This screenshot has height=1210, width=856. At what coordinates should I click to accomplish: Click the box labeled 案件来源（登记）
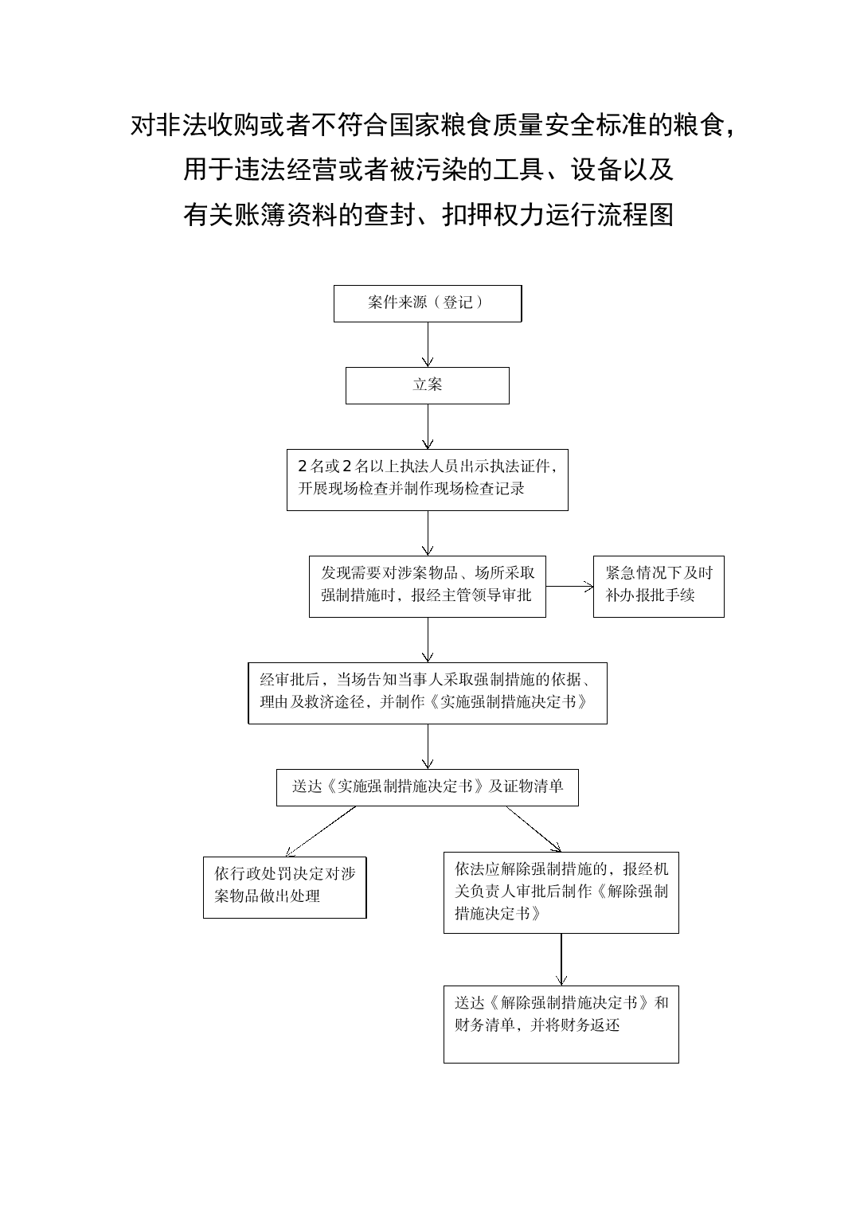pos(428,303)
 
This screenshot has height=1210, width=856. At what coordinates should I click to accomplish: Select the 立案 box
pos(428,385)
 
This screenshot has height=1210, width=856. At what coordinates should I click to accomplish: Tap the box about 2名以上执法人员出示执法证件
pos(428,480)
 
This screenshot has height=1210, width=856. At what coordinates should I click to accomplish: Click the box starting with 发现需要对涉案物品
pos(428,587)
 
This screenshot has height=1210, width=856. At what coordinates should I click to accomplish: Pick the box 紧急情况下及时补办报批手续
pos(659,587)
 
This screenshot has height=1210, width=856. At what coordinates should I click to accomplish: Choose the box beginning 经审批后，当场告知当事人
pos(428,693)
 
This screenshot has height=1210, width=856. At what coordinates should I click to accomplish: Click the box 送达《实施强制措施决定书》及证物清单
pos(428,787)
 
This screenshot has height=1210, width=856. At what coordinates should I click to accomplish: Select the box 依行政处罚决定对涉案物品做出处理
pos(285,888)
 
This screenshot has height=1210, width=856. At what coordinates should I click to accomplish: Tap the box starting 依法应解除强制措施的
pos(561,893)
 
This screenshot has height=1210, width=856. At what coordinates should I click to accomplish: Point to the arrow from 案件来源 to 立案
pos(428,345)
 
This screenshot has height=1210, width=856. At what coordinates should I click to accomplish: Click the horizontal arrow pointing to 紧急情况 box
pos(569,586)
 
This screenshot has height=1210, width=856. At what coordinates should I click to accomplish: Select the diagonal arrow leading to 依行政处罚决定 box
pos(320,831)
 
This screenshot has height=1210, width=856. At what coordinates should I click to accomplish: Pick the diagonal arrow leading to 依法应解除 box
pos(534,829)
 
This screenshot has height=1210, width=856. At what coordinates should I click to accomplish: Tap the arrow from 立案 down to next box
pos(428,427)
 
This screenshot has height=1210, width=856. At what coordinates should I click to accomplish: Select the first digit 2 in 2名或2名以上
pos(303,466)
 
